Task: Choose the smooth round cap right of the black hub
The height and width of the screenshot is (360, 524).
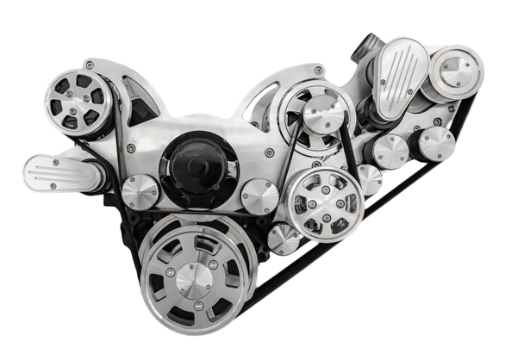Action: [x=259, y=196]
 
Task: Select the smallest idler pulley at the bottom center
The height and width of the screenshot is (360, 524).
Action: [x=283, y=239]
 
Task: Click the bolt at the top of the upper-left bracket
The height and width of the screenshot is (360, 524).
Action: [x=90, y=65]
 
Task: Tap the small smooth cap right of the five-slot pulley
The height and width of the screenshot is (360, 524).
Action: [x=369, y=180]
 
